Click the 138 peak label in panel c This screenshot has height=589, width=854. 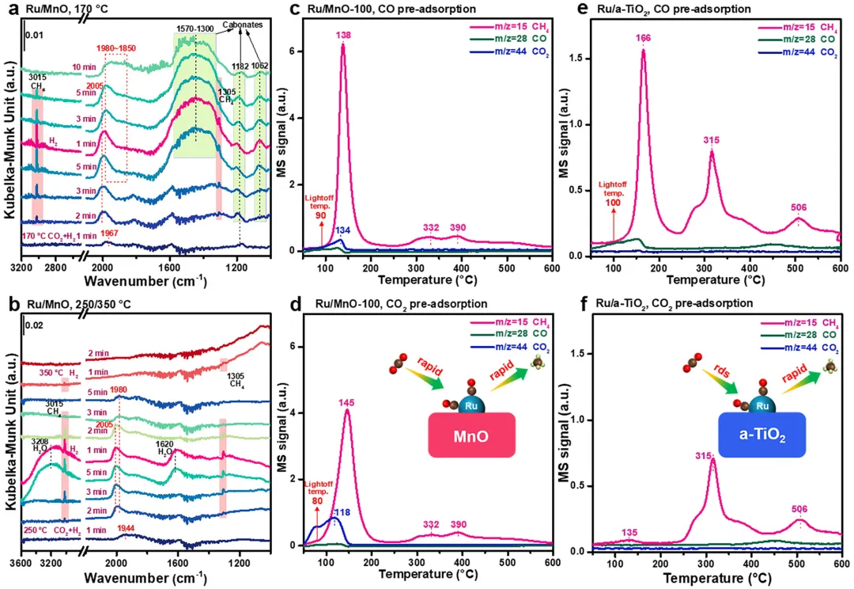point(343,36)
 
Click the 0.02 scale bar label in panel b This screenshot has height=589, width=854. point(34,325)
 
